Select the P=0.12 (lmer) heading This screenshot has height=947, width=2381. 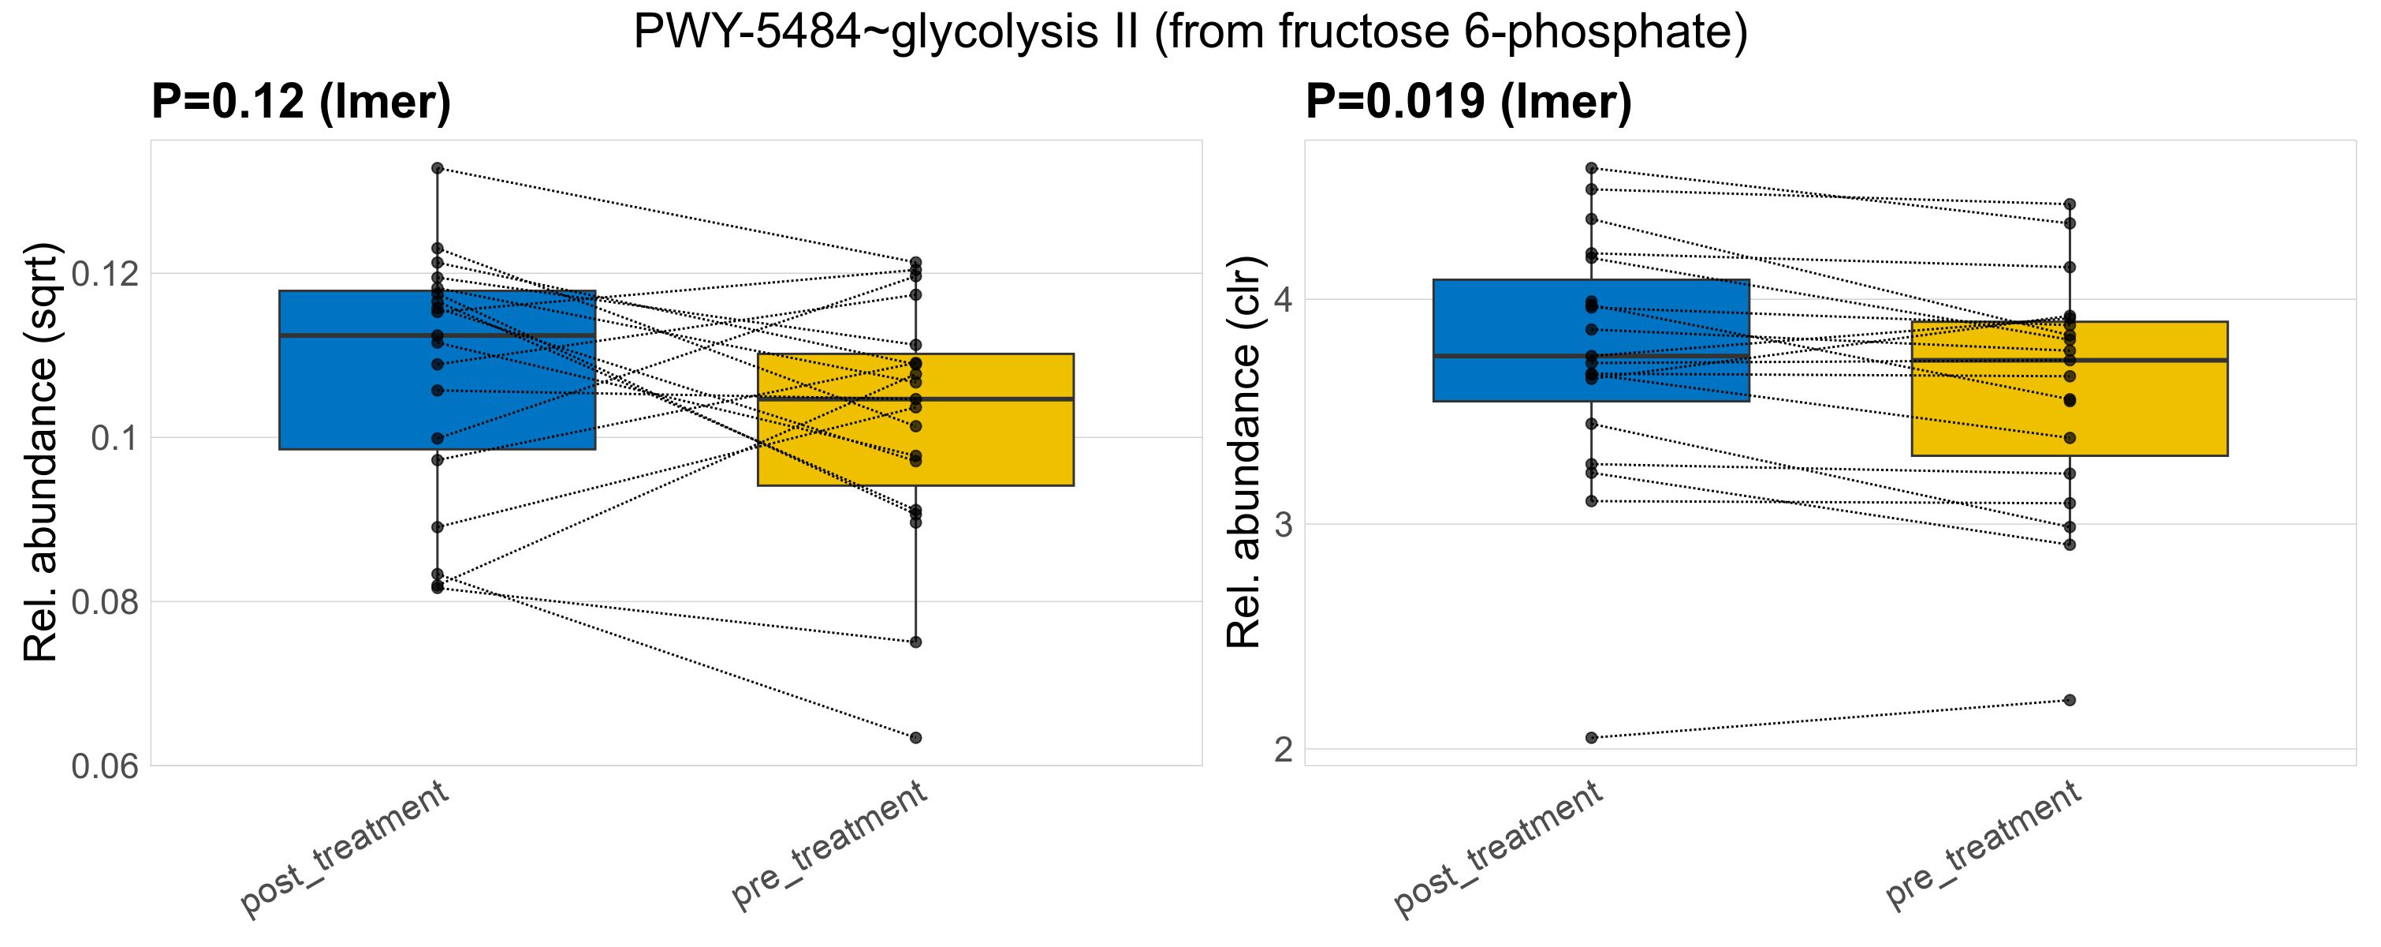click(301, 101)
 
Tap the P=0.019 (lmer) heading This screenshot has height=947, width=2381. click(1468, 101)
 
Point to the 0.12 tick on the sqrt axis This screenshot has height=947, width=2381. click(104, 274)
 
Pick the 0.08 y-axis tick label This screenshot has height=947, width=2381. click(104, 602)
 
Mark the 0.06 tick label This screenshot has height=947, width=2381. click(104, 765)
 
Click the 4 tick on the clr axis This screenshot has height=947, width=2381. click(1283, 300)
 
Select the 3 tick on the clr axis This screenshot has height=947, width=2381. click(1283, 524)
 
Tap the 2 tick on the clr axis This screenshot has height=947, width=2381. click(1283, 749)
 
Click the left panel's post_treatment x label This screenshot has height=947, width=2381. click(345, 848)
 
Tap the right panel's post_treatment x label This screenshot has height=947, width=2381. click(1497, 848)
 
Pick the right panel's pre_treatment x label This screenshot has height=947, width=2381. click(1983, 844)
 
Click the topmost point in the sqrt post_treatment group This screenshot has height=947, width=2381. click(438, 168)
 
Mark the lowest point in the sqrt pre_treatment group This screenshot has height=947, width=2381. click(915, 737)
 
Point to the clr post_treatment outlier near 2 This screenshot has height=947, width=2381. click(1591, 737)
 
